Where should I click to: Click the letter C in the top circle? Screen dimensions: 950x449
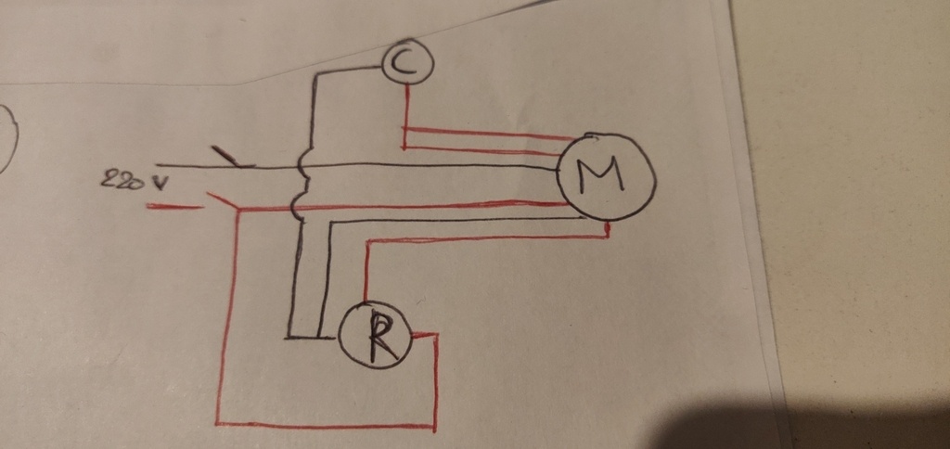406,62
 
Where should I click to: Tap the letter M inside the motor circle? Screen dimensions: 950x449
600,173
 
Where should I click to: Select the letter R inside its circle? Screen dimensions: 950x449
380,338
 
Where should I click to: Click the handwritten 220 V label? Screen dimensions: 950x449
134,179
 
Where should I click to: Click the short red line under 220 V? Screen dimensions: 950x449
174,207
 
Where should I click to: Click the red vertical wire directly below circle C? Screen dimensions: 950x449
405,115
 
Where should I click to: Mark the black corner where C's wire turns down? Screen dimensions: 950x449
315,75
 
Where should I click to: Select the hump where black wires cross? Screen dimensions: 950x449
302,165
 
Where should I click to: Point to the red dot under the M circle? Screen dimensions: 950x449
608,228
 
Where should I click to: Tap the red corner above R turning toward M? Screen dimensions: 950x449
367,242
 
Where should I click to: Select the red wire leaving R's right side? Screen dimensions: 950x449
424,334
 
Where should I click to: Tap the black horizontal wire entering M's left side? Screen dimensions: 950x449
357,165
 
